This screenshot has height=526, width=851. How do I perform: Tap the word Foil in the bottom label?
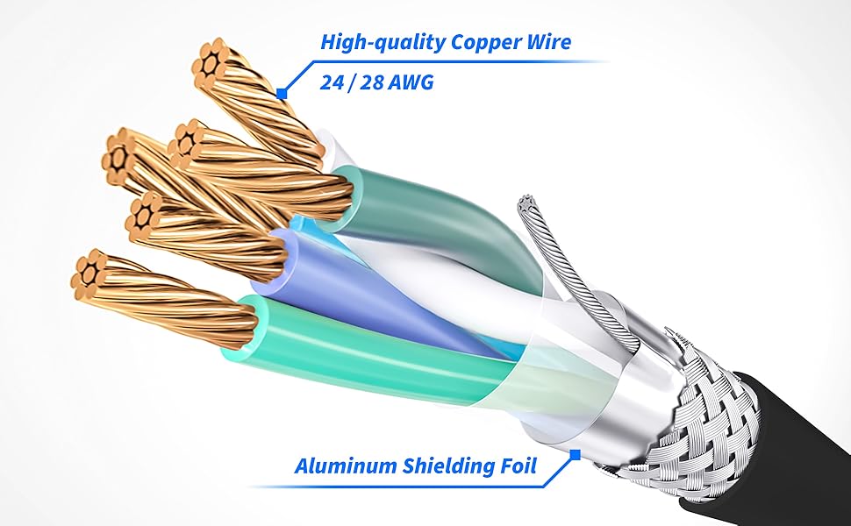click(518, 466)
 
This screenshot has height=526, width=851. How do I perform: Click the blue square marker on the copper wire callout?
click(282, 92)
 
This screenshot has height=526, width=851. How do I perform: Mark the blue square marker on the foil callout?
click(576, 454)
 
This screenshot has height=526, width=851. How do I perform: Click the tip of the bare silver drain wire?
click(527, 203)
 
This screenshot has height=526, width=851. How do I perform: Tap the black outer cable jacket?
click(798, 438)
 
